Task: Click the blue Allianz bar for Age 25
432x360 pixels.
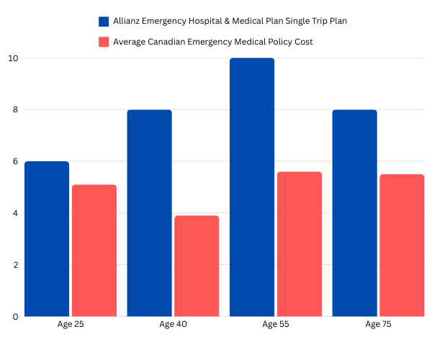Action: point(47,239)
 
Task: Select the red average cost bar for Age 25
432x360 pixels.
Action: point(94,251)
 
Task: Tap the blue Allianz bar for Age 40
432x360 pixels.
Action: point(149,213)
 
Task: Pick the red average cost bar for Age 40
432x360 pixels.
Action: point(197,266)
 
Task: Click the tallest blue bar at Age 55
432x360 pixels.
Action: point(252,187)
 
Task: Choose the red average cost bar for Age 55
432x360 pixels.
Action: point(299,244)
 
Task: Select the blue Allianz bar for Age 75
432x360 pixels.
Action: point(354,213)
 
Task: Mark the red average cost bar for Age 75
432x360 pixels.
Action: point(402,246)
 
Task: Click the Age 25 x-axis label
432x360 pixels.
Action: point(71,325)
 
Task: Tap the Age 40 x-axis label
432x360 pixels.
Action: point(173,325)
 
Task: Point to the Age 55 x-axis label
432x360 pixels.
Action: point(276,325)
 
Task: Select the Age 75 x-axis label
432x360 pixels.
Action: point(378,325)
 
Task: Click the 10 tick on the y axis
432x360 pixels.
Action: point(12,58)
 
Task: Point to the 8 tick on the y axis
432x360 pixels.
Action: point(14,110)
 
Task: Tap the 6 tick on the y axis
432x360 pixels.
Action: point(14,162)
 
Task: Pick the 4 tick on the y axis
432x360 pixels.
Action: point(14,213)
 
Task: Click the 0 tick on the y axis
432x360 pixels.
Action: point(14,317)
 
